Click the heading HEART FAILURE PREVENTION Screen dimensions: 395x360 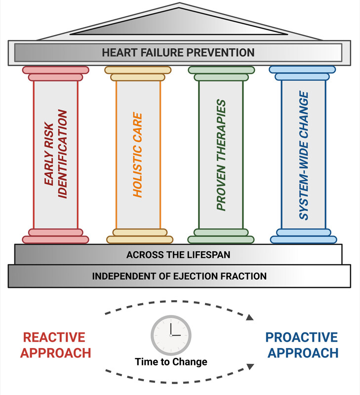(178, 52)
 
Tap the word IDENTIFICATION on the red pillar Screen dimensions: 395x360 (63, 155)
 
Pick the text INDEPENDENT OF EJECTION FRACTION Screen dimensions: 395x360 (179, 276)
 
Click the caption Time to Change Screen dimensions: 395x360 (171, 362)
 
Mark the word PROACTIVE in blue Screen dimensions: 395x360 (301, 338)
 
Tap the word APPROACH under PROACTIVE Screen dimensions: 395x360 (301, 353)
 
